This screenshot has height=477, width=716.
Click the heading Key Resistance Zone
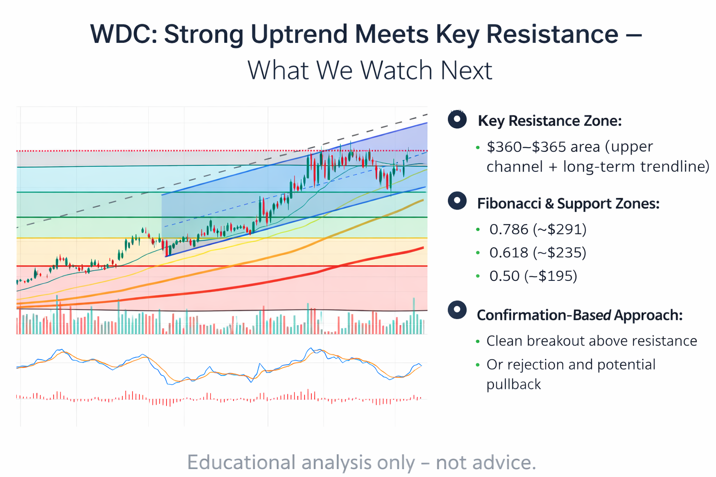click(550, 121)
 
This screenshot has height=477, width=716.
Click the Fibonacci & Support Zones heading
click(568, 204)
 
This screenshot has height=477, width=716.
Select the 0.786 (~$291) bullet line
click(537, 229)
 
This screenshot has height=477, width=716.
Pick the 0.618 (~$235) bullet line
click(537, 252)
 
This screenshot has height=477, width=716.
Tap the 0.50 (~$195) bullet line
click(533, 276)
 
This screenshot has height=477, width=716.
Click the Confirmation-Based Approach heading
click(579, 315)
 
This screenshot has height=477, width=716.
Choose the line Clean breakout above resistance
click(592, 341)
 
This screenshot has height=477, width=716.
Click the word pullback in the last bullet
click(514, 384)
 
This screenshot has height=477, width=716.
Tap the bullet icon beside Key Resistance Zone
click(457, 119)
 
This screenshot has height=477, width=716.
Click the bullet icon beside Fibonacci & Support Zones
click(457, 201)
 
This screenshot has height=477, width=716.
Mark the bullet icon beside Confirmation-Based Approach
click(457, 310)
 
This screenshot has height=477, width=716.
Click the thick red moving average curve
click(280, 280)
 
